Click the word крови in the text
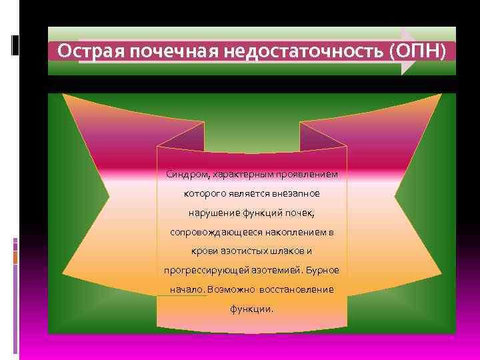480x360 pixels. [x=204, y=251]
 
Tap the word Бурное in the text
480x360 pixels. [x=324, y=271]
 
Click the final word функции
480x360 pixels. [x=251, y=309]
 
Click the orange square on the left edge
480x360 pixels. [x=15, y=257]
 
